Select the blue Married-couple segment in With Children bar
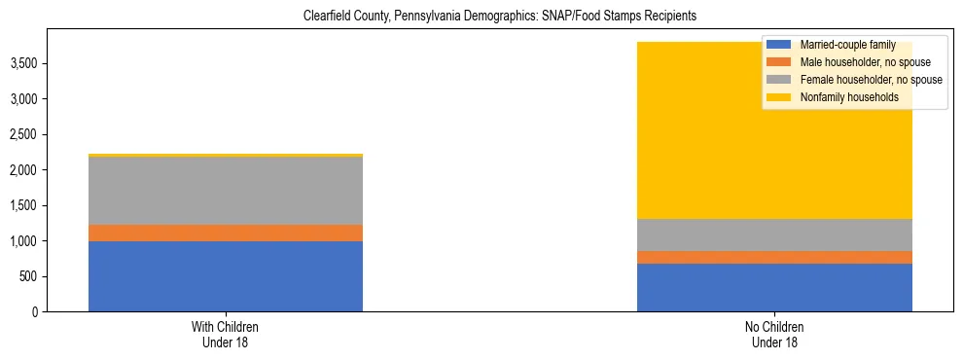226,276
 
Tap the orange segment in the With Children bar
226,233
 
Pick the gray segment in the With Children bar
226,191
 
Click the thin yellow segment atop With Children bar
226,155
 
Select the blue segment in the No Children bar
774,287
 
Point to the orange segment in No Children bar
774,257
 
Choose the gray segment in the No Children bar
774,234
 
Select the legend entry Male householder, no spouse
851,62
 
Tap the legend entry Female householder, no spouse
856,80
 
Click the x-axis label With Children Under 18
226,334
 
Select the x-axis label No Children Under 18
774,334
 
